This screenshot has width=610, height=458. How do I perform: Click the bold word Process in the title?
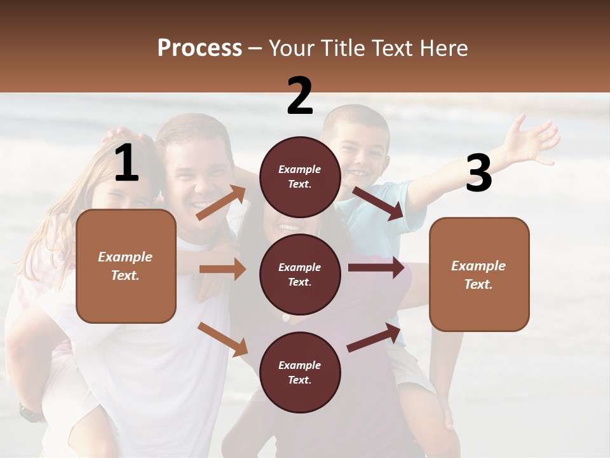click(x=200, y=48)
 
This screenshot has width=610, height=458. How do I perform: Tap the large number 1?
click(x=126, y=163)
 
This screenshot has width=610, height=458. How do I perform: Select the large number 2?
click(x=300, y=96)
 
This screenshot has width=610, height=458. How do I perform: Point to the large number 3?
click(x=478, y=174)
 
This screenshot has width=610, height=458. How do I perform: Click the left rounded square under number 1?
click(x=126, y=266)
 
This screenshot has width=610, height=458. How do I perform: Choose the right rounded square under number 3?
click(x=479, y=274)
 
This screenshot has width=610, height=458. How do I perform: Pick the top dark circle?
click(x=300, y=177)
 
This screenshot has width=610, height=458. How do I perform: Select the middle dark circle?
click(x=300, y=274)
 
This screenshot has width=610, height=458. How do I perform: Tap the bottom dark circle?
click(x=300, y=372)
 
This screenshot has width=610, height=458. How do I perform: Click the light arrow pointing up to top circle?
click(x=221, y=202)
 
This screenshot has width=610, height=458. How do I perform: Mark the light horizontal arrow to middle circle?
click(x=222, y=269)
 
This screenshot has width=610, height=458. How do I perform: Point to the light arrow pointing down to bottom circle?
click(x=223, y=339)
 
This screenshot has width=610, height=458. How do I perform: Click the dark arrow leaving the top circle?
click(x=378, y=203)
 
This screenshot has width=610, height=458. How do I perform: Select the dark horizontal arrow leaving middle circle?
click(x=376, y=268)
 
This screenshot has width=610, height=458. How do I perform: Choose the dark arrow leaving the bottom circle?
click(x=374, y=338)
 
